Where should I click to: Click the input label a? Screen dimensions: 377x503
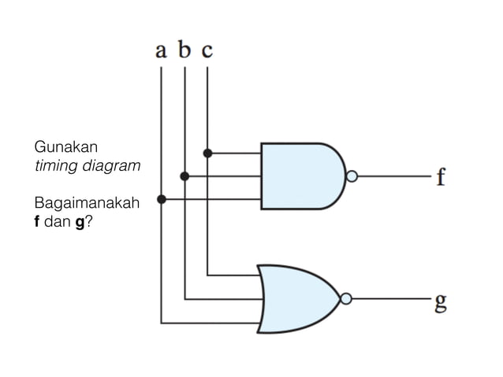[161, 51]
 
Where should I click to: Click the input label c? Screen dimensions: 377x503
[207, 52]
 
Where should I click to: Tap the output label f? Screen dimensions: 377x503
[441, 176]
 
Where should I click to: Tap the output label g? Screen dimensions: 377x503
[441, 301]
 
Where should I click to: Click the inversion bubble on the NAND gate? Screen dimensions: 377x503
[352, 176]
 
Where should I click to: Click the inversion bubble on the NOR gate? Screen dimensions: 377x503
[346, 299]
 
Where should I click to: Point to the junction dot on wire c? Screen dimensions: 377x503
[207, 153]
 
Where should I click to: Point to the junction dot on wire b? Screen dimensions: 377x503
[184, 176]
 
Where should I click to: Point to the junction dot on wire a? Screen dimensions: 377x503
[162, 200]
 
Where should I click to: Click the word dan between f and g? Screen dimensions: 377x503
[58, 223]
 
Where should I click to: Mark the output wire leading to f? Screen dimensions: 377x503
[393, 176]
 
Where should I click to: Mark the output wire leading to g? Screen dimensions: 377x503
[390, 299]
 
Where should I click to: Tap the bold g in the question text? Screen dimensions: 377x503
[79, 224]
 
